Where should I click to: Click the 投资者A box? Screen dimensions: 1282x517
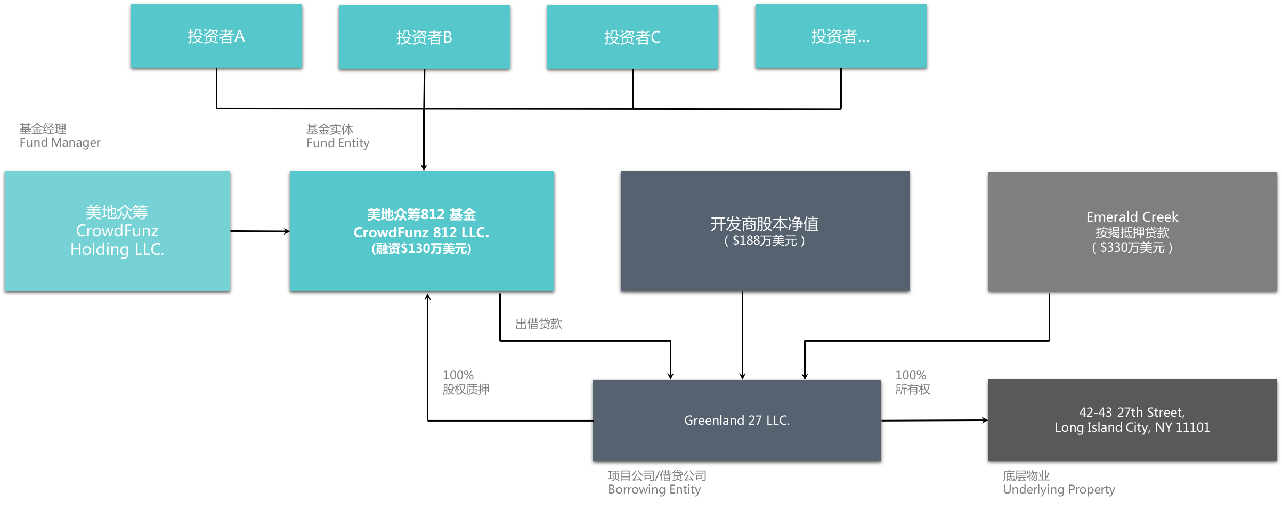216,36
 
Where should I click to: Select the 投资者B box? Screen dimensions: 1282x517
424,37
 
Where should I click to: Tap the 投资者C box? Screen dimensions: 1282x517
632,37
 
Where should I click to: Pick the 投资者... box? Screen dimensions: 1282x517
841,36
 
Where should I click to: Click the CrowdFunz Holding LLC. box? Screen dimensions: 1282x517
117,231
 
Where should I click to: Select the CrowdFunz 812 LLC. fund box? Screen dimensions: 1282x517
421,231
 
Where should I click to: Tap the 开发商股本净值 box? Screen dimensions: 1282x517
765,231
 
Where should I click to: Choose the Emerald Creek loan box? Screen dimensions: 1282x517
1132,231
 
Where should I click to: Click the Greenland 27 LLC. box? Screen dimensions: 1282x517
737,421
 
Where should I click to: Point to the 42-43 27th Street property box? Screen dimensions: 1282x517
1132,420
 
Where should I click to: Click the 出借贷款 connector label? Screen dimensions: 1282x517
539,324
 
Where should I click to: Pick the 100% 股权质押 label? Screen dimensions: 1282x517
466,383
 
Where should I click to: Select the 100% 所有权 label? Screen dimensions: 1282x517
913,383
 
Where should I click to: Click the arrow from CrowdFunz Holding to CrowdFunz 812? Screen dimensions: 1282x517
260,231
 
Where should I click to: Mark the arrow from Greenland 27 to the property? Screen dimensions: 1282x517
935,421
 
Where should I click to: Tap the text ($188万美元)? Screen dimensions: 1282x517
765,241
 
